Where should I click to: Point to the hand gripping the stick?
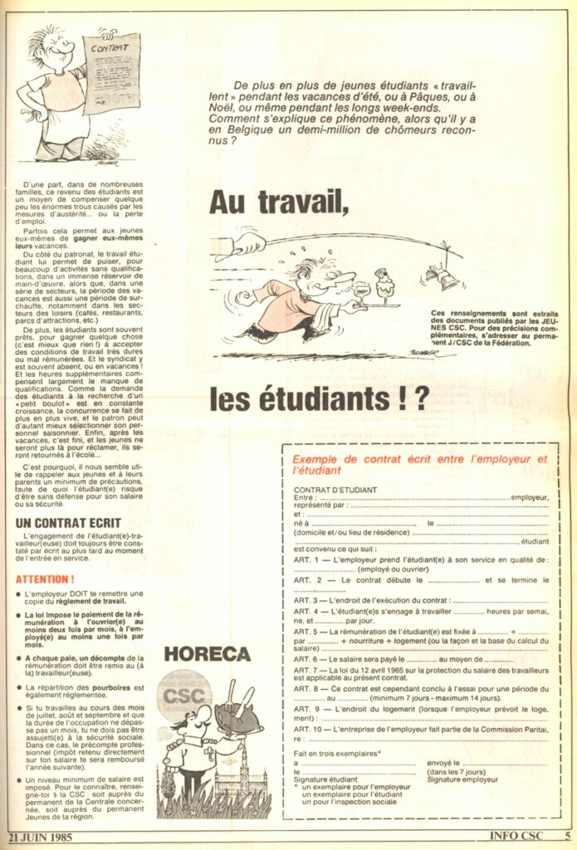tap(249, 243)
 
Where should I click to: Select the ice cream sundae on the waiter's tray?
tap(384, 286)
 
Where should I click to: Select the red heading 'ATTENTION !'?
tap(46, 579)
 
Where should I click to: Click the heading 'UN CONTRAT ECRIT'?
tap(69, 523)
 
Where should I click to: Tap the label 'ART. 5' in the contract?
tap(307, 632)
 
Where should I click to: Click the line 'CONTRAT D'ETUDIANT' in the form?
tap(335, 489)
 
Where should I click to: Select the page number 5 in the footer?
tap(568, 837)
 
